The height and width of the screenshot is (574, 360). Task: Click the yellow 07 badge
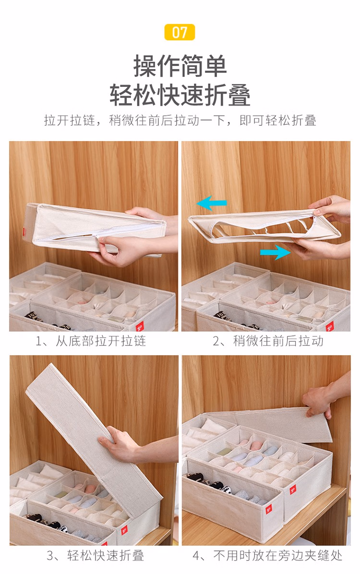(180, 32)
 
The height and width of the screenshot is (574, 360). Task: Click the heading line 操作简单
(180, 66)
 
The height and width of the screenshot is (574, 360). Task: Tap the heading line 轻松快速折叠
(180, 95)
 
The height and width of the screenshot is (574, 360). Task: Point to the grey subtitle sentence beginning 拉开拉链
(180, 120)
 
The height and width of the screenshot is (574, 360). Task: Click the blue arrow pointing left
(212, 203)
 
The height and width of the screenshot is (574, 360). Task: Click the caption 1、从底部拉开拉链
(91, 341)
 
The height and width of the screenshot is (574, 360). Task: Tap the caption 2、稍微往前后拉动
(268, 341)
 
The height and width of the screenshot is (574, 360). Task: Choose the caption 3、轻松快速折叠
(95, 555)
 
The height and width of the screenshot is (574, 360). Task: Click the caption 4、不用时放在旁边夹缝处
(268, 555)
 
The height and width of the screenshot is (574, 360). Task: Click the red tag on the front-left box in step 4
(269, 508)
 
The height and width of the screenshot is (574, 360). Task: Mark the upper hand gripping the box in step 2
(331, 209)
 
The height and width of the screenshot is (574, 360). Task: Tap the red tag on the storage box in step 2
(330, 325)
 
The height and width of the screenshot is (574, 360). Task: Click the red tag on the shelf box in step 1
(140, 325)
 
